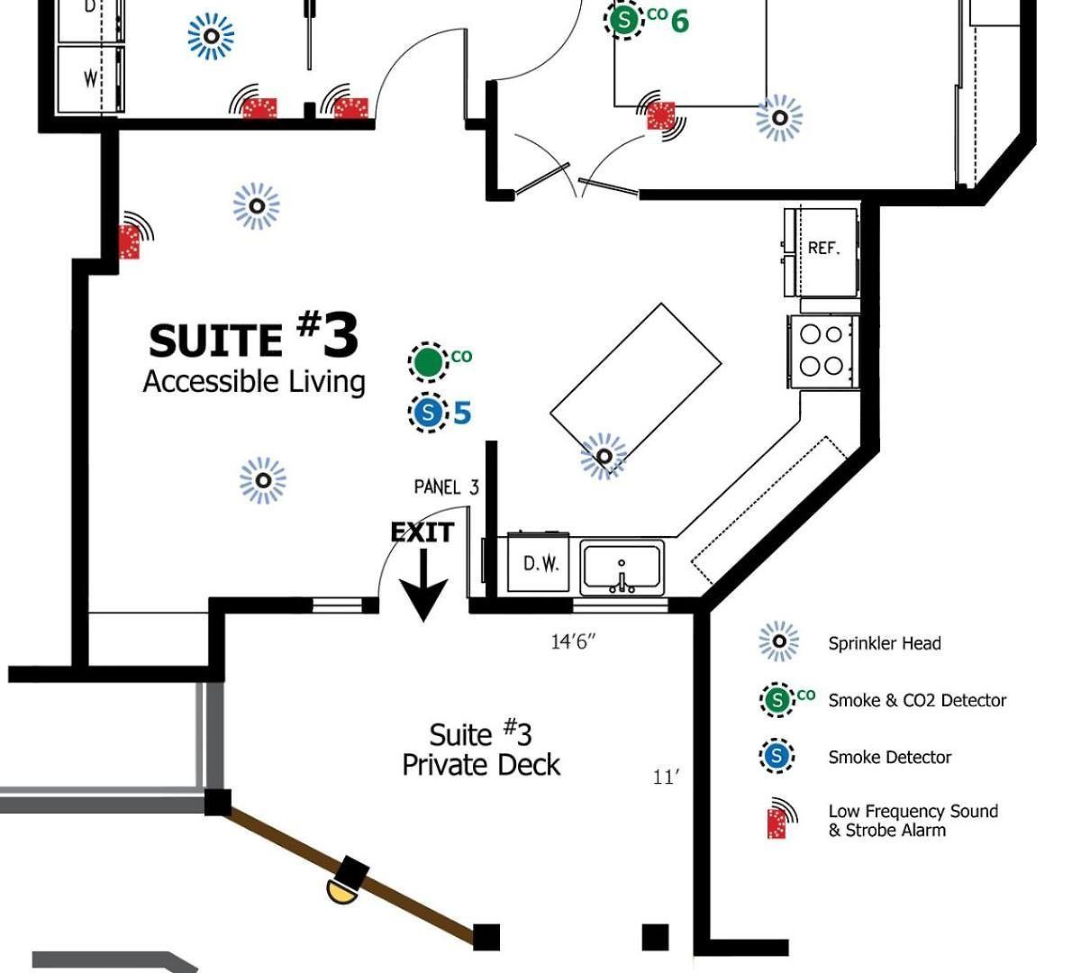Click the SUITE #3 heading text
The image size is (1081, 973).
click(x=253, y=335)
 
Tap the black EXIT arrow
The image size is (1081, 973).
click(x=423, y=585)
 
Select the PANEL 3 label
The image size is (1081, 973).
click(x=446, y=487)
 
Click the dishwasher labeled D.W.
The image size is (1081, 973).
click(x=538, y=562)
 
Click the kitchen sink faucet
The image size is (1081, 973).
click(x=622, y=579)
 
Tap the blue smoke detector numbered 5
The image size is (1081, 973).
click(x=428, y=413)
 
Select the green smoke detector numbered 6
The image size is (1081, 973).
click(x=623, y=20)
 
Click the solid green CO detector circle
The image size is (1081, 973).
click(x=428, y=362)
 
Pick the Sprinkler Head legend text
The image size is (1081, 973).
click(x=885, y=643)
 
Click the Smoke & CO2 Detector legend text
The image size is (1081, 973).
click(x=917, y=700)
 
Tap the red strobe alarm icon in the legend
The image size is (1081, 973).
click(x=777, y=823)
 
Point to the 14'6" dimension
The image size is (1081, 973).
click(x=573, y=641)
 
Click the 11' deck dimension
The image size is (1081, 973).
click(x=666, y=777)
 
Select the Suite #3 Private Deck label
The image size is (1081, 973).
click(x=481, y=750)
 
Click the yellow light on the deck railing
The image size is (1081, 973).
click(x=341, y=893)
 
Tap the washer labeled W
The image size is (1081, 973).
click(x=91, y=79)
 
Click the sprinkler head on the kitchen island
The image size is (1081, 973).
click(x=604, y=457)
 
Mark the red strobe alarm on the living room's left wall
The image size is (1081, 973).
click(x=130, y=242)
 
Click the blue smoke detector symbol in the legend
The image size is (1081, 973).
click(x=777, y=756)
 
